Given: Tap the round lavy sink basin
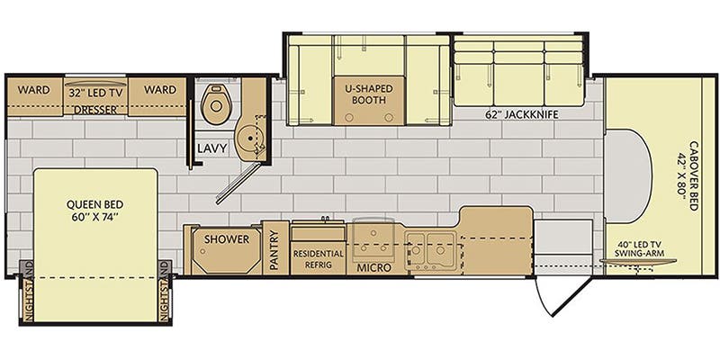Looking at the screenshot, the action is click(x=248, y=137).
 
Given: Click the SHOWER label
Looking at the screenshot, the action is click(x=227, y=239).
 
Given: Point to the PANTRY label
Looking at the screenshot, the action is click(x=275, y=251).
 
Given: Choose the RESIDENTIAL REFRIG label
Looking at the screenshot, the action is click(x=319, y=259).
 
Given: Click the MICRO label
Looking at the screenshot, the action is click(x=375, y=267).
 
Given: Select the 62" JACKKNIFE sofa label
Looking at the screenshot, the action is click(x=522, y=115).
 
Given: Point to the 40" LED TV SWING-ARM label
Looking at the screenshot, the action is click(x=642, y=249).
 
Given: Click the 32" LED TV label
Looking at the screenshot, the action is click(x=95, y=92).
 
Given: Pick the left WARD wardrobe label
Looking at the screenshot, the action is click(x=33, y=90).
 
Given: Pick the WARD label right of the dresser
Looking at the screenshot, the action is click(x=160, y=89).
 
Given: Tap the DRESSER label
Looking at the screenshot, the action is click(x=94, y=110).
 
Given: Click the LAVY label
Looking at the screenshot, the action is click(x=212, y=148).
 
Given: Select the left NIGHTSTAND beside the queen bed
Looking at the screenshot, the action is click(x=27, y=292).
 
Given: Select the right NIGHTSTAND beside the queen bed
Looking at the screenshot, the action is click(x=165, y=292).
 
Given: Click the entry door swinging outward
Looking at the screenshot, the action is click(x=564, y=296).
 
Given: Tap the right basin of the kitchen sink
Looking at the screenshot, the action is click(x=440, y=251).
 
